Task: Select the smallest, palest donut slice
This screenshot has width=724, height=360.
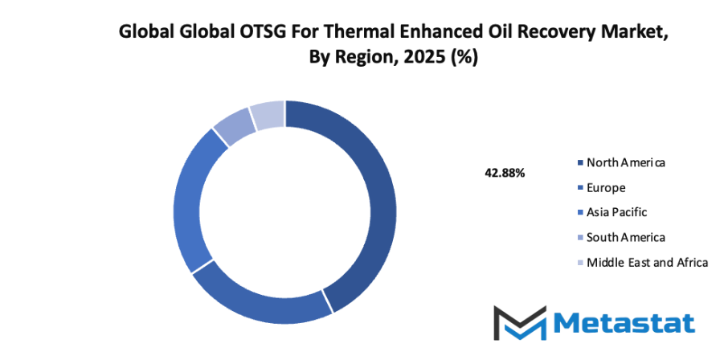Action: click(268, 116)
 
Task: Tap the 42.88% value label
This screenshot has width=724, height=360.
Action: click(505, 173)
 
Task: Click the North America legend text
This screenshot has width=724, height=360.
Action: click(626, 162)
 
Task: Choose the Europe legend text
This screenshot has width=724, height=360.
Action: click(606, 187)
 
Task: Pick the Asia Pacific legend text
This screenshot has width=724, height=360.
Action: click(616, 212)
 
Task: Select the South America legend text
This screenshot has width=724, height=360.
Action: click(626, 237)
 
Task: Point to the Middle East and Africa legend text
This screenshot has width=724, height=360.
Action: click(647, 262)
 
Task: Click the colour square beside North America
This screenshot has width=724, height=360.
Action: click(580, 163)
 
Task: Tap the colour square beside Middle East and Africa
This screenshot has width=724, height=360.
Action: click(580, 263)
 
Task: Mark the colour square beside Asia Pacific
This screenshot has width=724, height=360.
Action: click(580, 213)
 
